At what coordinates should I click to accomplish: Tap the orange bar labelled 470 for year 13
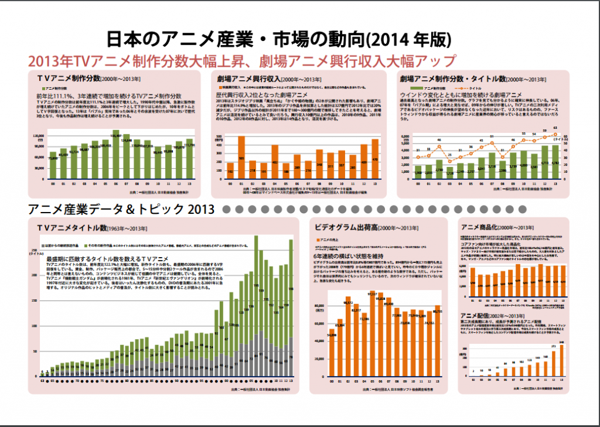click(x=374, y=162)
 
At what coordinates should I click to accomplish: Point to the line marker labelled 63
click(x=555, y=134)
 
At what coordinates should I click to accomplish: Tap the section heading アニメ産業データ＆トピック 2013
click(x=122, y=209)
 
